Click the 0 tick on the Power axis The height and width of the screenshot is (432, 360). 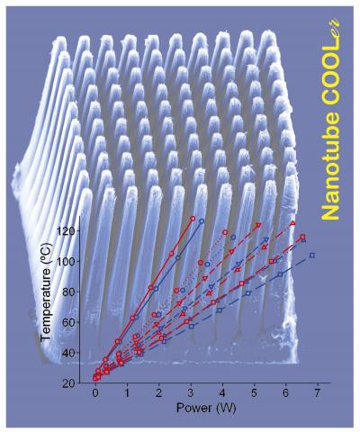[x=94, y=395]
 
